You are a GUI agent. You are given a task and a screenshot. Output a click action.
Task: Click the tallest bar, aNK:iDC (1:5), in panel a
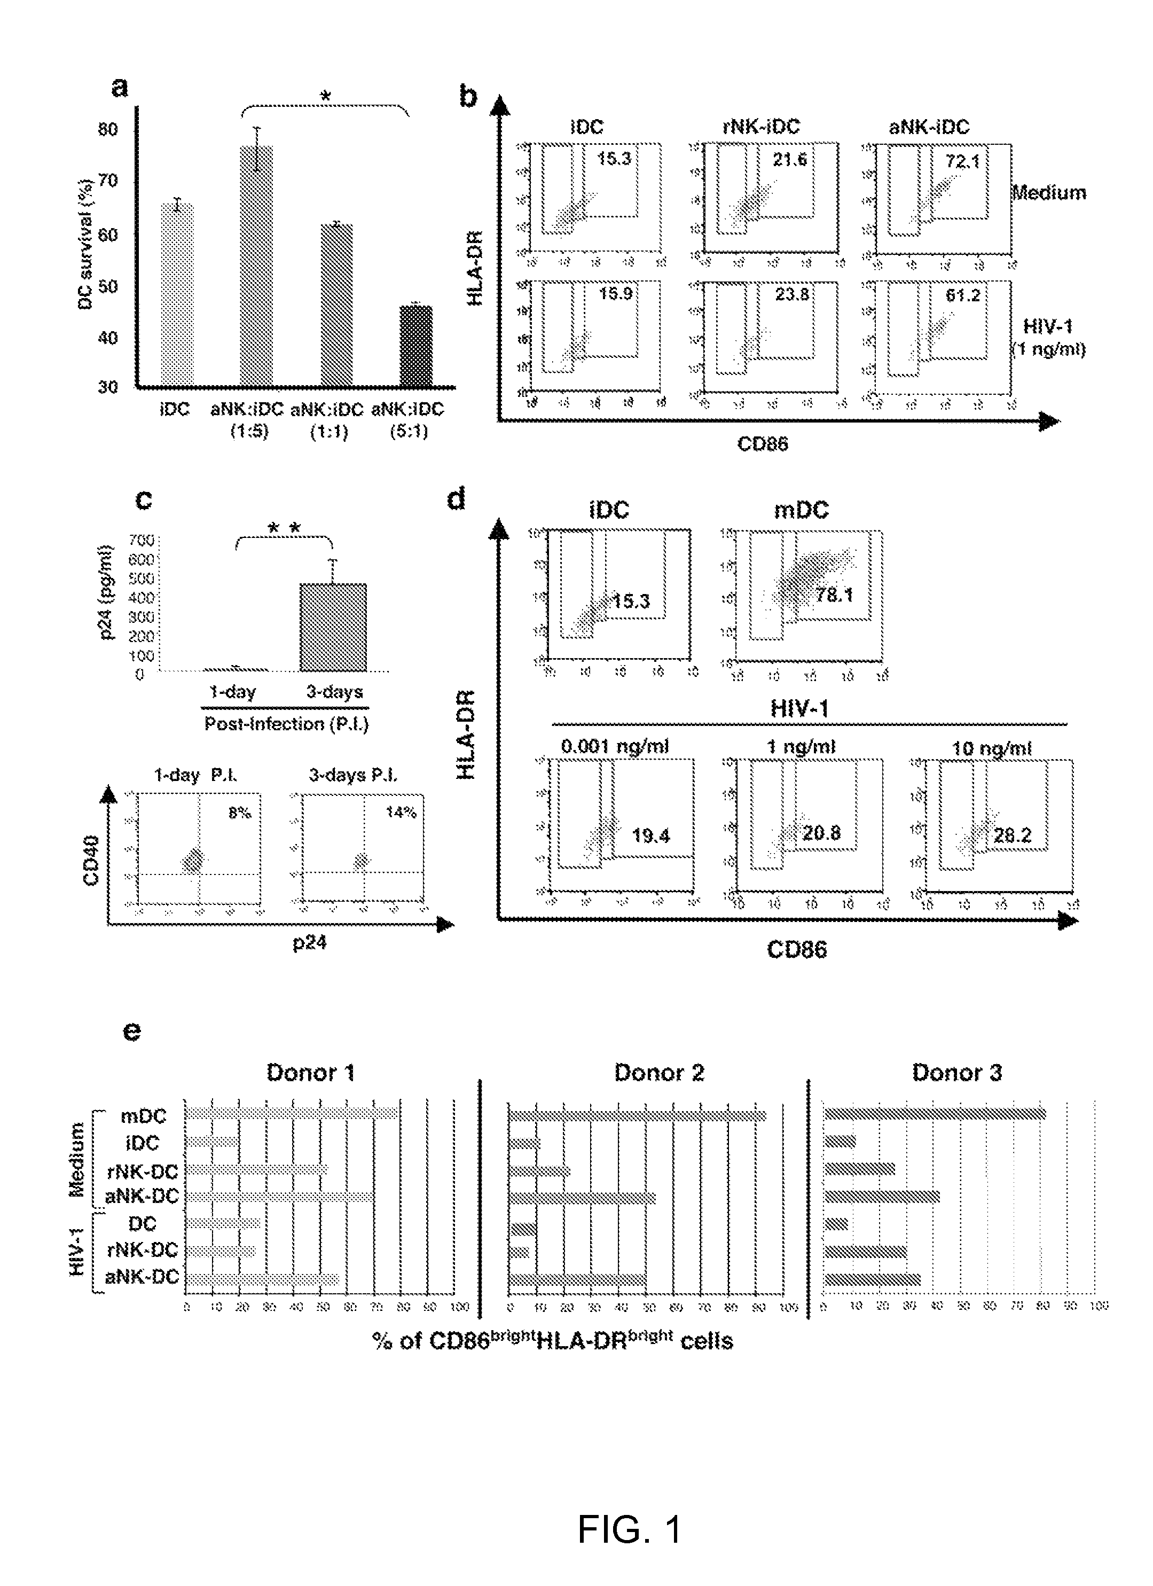click(x=257, y=265)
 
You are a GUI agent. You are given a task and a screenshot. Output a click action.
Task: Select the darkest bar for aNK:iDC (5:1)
click(x=415, y=346)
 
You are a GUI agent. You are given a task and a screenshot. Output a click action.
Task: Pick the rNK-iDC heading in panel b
click(x=760, y=127)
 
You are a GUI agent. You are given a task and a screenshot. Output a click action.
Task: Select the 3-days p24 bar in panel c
click(x=334, y=627)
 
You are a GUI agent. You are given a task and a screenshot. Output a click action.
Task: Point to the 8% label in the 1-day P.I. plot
click(x=239, y=812)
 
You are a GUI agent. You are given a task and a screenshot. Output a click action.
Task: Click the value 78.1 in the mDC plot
click(x=834, y=595)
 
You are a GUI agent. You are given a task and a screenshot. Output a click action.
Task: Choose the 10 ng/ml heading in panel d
click(x=992, y=748)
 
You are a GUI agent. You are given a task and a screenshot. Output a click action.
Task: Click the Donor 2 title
click(x=658, y=1073)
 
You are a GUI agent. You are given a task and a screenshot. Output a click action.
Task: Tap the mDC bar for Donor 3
click(x=935, y=1113)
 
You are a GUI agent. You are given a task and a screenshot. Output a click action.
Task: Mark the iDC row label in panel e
click(x=142, y=1143)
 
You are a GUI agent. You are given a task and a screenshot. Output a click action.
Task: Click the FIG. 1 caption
click(x=629, y=1529)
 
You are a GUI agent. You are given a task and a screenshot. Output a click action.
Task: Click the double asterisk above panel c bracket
click(x=285, y=528)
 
